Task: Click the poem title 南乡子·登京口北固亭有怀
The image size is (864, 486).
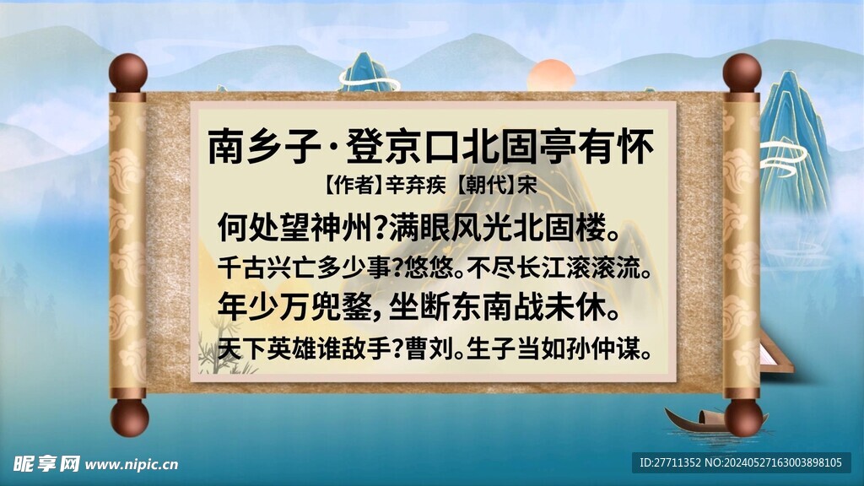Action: tap(431, 146)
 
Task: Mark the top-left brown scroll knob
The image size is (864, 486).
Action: tap(128, 73)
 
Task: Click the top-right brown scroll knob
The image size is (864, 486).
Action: tap(742, 73)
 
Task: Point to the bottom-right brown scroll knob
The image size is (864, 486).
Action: tap(742, 417)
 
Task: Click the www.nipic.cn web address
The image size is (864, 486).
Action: tap(132, 464)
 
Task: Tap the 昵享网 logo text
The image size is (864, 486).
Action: tap(46, 463)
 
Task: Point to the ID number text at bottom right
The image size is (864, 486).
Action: tap(742, 462)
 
